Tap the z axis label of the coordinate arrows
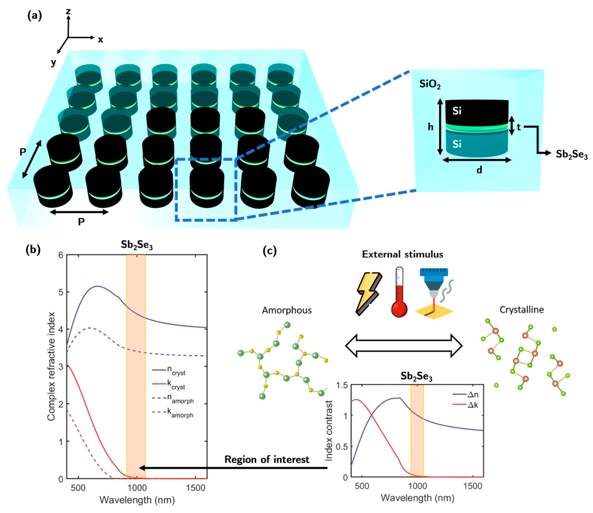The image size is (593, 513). pyautogui.click(x=68, y=12)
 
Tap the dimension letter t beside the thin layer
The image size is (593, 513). pyautogui.click(x=519, y=127)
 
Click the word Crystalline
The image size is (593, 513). pyautogui.click(x=521, y=310)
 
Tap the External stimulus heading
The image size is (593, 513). pyautogui.click(x=402, y=254)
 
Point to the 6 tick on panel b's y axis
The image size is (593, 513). pyautogui.click(x=60, y=255)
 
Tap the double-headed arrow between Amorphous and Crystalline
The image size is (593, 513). pyautogui.click(x=404, y=345)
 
